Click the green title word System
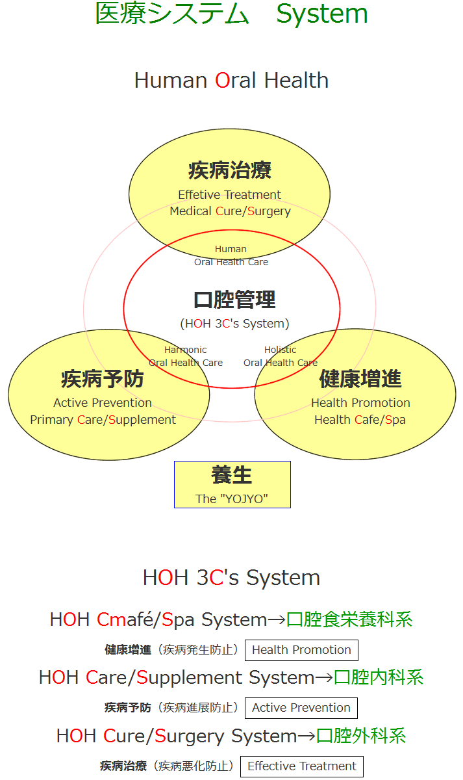point(322,14)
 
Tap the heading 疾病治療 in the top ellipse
point(230,170)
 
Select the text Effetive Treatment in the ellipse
point(229,194)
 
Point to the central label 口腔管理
point(234,300)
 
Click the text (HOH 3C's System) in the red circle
point(234,324)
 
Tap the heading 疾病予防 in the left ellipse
point(102,379)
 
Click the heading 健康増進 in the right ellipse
point(360,379)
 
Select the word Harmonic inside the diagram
point(186,350)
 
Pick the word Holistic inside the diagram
point(281,350)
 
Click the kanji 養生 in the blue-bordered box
point(232,475)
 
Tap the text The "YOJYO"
point(232,499)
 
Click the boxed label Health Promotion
point(301,650)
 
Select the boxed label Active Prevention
point(301,708)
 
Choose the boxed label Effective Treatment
point(302,766)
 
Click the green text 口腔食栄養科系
point(349,620)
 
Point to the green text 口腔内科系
point(379,677)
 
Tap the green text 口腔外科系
point(361,736)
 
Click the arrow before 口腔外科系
point(307,736)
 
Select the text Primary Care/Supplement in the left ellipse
point(103,420)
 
